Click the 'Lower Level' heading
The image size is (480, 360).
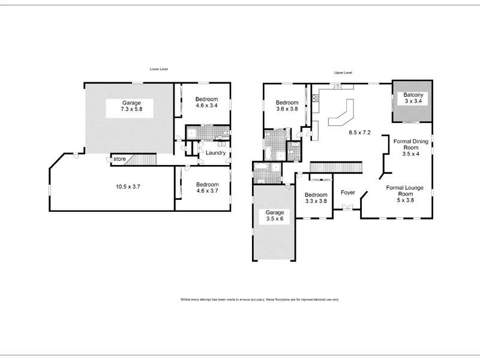(x=159, y=70)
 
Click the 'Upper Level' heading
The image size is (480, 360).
(x=343, y=73)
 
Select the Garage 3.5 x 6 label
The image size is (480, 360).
(x=275, y=217)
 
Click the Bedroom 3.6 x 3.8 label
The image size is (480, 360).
(x=286, y=106)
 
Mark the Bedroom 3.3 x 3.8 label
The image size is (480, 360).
(x=316, y=199)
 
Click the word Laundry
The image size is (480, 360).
(x=215, y=153)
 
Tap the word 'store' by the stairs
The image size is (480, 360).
(x=119, y=159)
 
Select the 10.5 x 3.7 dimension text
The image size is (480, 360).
(x=128, y=187)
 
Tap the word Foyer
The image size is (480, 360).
(x=348, y=193)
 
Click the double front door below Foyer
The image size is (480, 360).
(x=346, y=208)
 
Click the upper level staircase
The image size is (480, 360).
(x=337, y=167)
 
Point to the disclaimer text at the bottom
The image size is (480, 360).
(x=259, y=299)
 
